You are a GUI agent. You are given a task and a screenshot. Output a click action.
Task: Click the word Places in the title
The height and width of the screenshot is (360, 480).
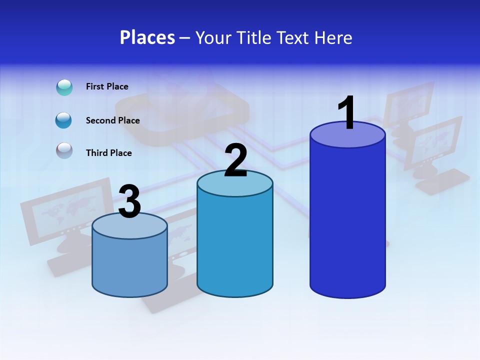[147, 37]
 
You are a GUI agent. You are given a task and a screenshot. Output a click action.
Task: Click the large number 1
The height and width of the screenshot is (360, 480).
[346, 113]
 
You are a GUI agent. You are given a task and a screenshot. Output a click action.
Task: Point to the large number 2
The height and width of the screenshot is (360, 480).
[235, 160]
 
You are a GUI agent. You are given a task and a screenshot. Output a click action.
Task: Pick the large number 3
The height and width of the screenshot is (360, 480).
[130, 201]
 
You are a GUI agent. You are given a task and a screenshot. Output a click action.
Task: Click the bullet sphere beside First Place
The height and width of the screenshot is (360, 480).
[64, 87]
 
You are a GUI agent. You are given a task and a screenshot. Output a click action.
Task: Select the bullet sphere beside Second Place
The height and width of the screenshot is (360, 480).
[64, 120]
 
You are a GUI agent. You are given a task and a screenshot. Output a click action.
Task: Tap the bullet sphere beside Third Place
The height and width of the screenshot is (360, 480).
[64, 150]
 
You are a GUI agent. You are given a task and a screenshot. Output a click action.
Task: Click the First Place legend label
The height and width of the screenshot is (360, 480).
[107, 86]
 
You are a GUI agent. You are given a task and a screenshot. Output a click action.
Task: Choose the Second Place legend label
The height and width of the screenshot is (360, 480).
[112, 120]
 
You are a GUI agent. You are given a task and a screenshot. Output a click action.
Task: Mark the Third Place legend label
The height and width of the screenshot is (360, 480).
[109, 153]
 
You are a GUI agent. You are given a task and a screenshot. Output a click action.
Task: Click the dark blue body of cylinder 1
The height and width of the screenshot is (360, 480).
[347, 220]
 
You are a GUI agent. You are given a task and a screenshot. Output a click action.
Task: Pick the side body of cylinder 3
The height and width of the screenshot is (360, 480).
[130, 265]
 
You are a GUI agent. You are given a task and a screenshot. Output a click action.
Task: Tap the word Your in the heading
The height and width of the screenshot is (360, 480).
[212, 37]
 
